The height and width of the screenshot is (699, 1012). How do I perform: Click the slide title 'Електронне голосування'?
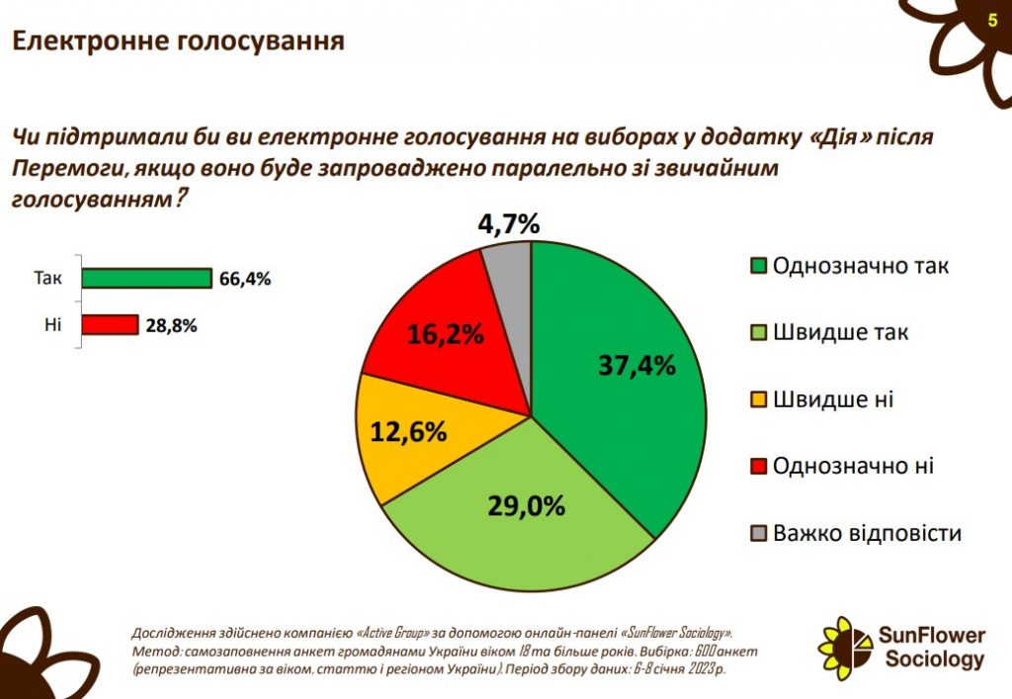coord(178,41)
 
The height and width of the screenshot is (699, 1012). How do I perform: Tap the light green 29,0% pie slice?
coord(524,514)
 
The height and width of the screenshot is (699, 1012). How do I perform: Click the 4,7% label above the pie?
coord(509,224)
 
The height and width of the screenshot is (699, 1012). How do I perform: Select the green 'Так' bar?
coord(147,278)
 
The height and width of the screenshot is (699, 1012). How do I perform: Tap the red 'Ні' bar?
coord(110,324)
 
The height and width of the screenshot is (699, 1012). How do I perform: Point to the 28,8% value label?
coord(172,324)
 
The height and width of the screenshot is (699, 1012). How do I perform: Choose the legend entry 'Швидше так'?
coord(830,332)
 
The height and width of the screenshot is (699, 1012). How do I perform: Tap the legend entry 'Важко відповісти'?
coord(856,534)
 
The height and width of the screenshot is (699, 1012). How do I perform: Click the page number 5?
coord(992,21)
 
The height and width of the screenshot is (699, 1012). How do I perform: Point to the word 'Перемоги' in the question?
coord(61,168)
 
